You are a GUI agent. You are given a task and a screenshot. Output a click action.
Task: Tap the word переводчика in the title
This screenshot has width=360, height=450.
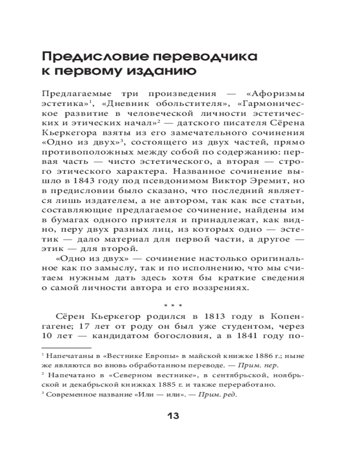click(205, 57)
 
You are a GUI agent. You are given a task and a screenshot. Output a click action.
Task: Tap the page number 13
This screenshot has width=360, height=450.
click(173, 416)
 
